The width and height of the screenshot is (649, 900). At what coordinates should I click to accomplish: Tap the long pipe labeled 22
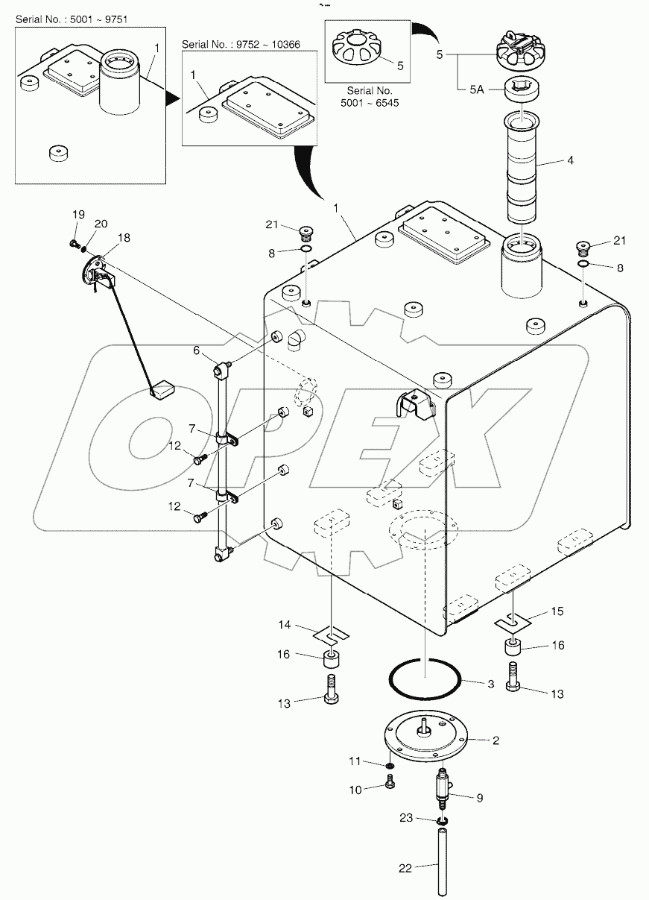coord(442,857)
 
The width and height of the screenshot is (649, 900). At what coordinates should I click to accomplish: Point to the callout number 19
coord(79,215)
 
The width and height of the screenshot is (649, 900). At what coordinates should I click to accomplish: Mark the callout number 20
coord(101,224)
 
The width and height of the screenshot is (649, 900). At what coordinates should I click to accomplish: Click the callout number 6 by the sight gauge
coord(196,350)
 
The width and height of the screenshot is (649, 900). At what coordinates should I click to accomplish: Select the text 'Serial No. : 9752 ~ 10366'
coord(230,45)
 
